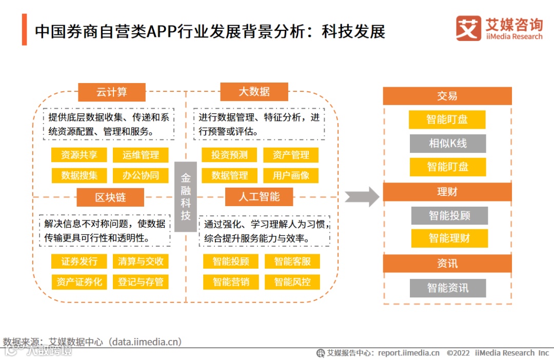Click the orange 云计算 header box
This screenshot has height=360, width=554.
(111, 92)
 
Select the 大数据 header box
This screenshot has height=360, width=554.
(254, 92)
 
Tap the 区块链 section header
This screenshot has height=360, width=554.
(110, 197)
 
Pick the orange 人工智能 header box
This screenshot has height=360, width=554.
(259, 197)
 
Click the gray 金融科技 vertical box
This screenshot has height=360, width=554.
(185, 196)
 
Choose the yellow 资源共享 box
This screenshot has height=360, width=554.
(79, 155)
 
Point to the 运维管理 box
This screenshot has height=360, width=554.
(141, 155)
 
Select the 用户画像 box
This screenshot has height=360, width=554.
(291, 175)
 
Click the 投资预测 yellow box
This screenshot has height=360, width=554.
(229, 155)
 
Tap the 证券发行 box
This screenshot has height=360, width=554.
(79, 261)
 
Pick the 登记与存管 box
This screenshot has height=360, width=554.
(141, 282)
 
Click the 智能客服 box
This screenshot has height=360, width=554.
(292, 261)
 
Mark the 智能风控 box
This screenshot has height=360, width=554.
(292, 282)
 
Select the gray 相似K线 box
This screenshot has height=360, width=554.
(447, 144)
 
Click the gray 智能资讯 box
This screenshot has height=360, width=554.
(447, 288)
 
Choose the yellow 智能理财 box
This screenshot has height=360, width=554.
(449, 238)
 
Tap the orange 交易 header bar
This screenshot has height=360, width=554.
(447, 96)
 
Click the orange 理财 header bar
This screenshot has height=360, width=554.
(447, 192)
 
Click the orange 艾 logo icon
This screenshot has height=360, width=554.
(468, 28)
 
